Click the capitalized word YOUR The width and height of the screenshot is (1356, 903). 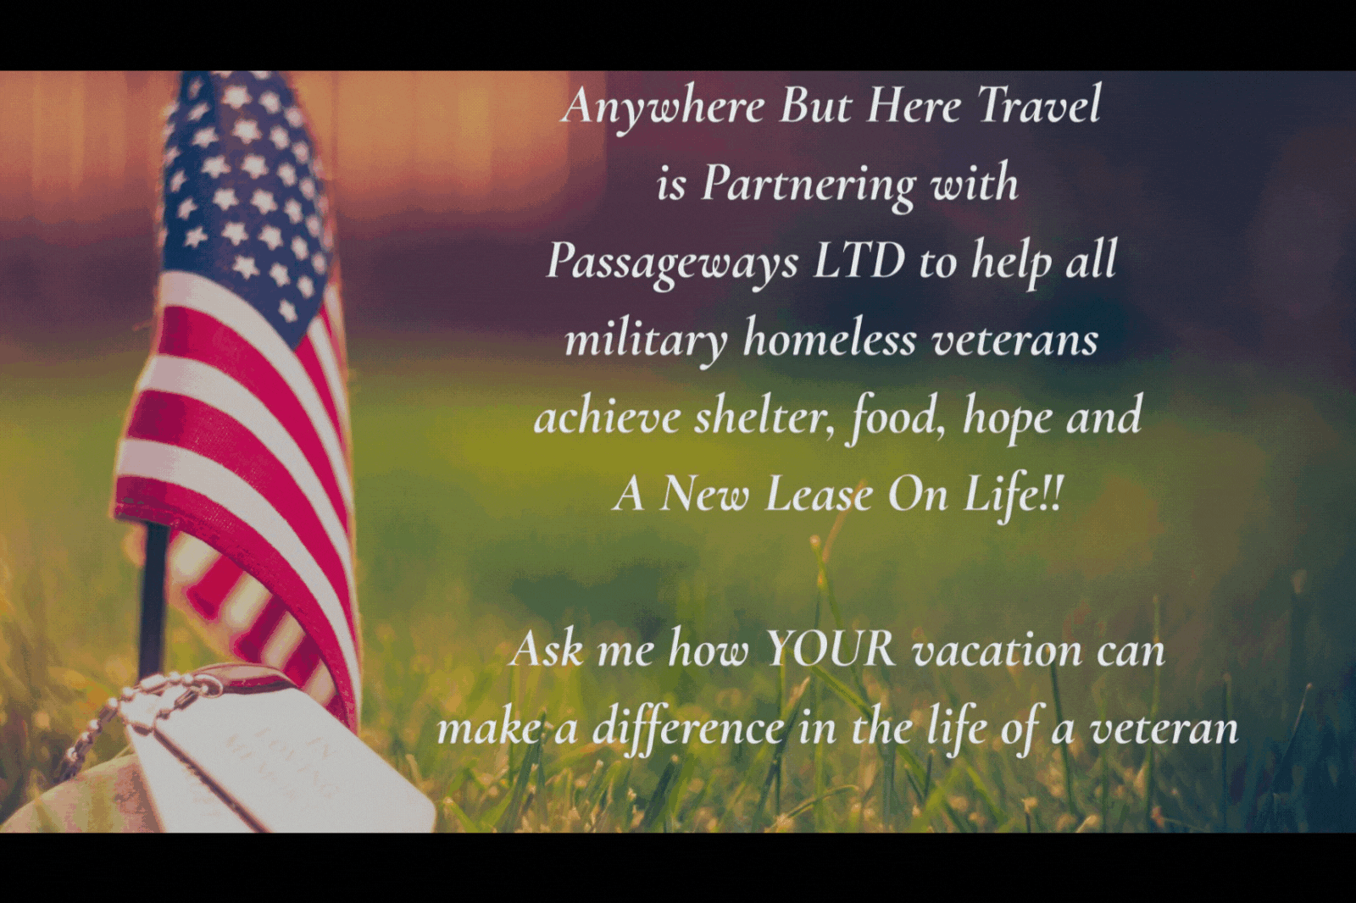pyautogui.click(x=827, y=651)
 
